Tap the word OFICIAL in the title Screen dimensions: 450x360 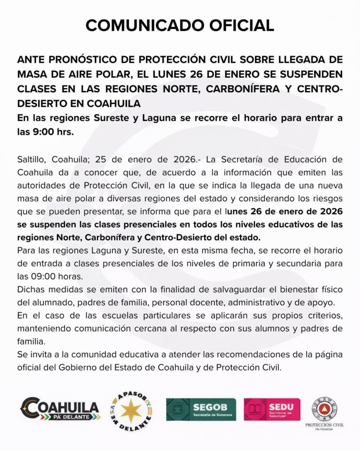click(237, 25)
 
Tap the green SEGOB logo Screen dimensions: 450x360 click(201, 409)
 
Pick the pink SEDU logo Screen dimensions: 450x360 click(272, 409)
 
